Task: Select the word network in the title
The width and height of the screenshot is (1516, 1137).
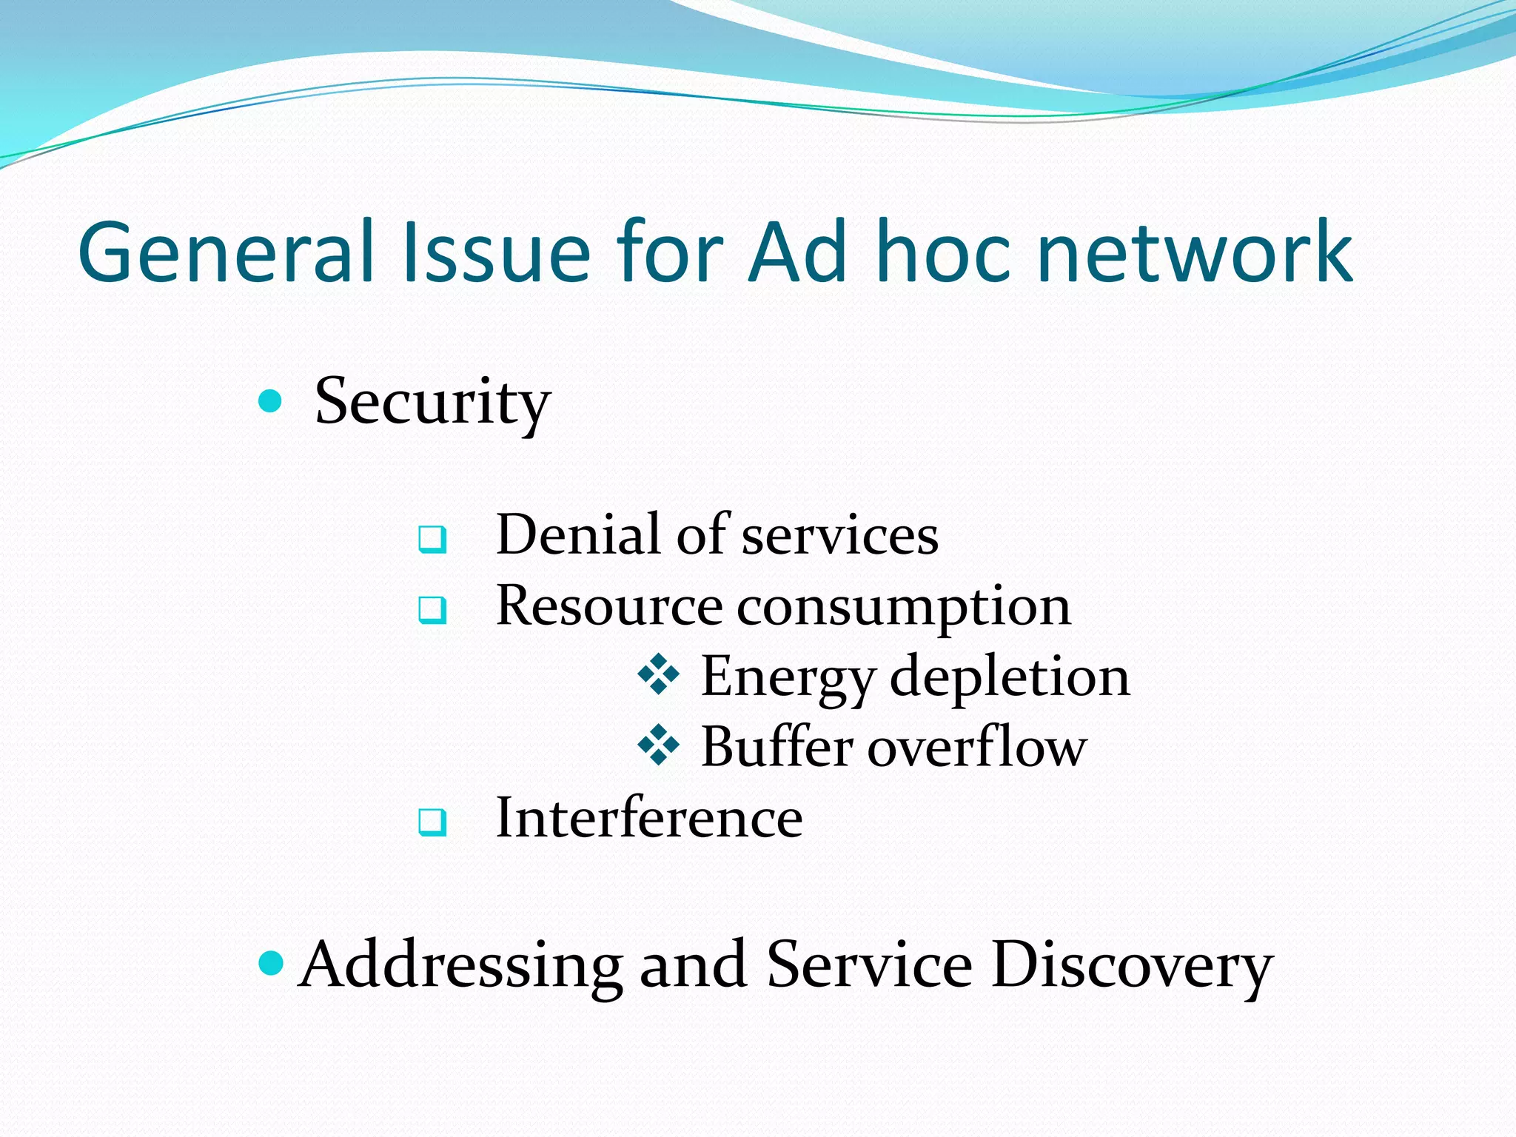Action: [1195, 253]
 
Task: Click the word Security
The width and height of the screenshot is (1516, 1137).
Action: [432, 403]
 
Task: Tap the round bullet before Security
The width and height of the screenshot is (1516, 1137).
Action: [271, 401]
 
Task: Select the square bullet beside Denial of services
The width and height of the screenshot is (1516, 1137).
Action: [432, 538]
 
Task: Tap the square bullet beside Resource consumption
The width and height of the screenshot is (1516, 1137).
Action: [432, 609]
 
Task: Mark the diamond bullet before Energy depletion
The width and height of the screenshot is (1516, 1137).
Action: [658, 674]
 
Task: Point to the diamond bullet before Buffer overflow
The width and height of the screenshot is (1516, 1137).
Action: [658, 745]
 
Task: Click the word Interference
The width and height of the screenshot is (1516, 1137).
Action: [648, 818]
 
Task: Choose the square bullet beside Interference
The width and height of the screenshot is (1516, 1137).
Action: [432, 821]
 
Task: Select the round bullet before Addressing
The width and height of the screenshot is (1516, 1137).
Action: [272, 963]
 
